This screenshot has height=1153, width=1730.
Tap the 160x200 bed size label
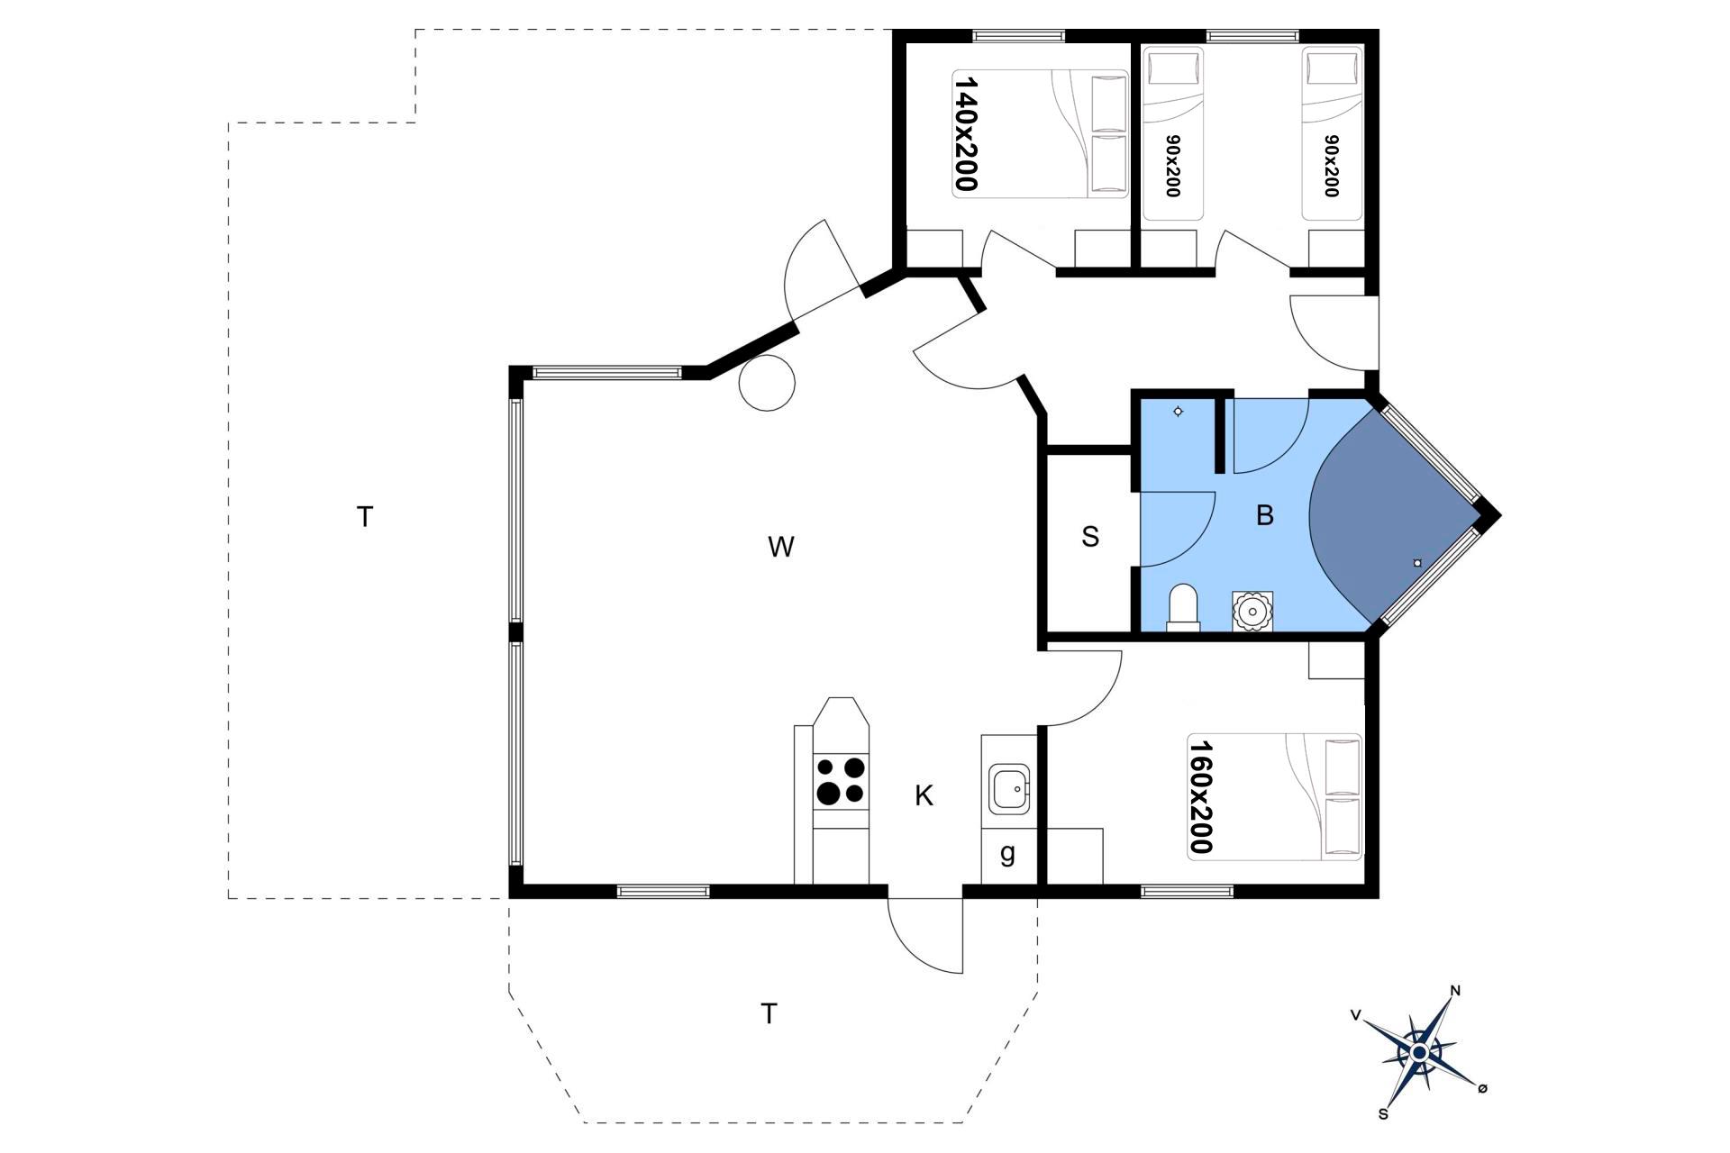pos(1200,796)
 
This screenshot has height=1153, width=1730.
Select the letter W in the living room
pos(781,547)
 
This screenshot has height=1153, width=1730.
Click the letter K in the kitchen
pos(924,795)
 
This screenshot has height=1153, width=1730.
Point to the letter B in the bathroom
pos(1265,515)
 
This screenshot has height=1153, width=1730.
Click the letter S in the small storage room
pos(1090,537)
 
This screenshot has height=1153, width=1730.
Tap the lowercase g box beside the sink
pos(1008,854)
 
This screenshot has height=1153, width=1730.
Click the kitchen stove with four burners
pos(841,781)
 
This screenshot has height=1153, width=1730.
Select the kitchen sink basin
pos(1009,789)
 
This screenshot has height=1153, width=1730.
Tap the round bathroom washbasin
pos(1252,612)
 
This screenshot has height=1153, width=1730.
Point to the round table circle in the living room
pos(767,383)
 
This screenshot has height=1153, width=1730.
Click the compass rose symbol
pos(1420,1052)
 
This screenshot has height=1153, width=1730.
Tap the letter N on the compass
pos(1455,992)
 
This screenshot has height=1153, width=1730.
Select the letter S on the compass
pos(1383,1114)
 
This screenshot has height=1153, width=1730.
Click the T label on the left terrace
pos(365,517)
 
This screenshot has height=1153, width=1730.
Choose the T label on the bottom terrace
pos(769,1014)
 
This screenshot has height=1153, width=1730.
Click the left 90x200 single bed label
pos(1171,166)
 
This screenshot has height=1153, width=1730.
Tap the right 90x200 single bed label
pos(1331,166)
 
